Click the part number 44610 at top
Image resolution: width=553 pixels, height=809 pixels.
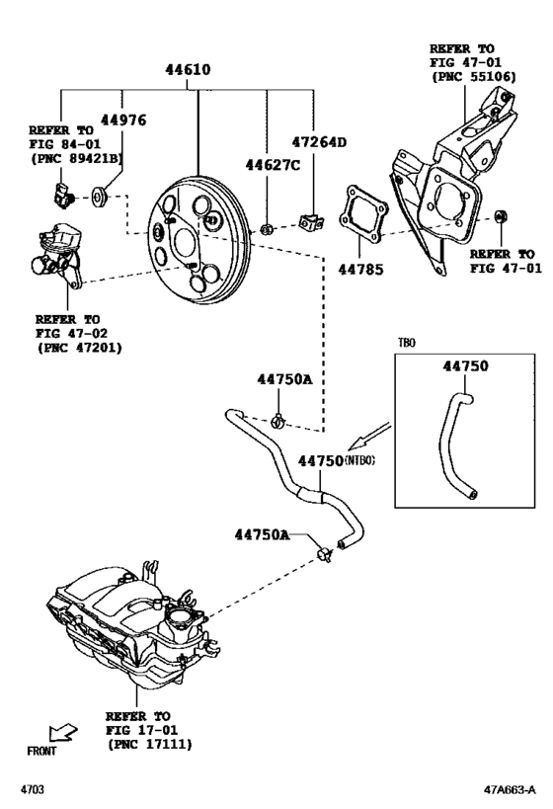point(188,71)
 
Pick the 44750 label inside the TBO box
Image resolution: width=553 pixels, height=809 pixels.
point(464,365)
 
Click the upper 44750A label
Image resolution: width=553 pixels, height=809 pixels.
point(285,379)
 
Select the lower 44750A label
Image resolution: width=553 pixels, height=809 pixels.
point(262,534)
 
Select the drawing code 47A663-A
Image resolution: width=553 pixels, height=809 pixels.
point(510,790)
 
